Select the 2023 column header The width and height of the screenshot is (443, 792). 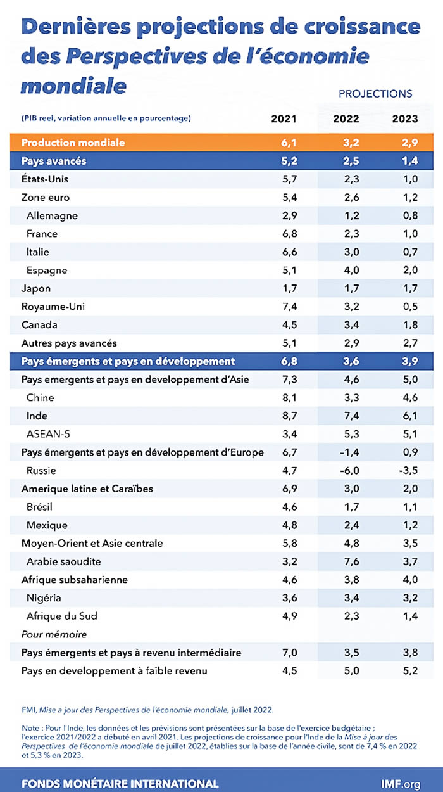pos(405,119)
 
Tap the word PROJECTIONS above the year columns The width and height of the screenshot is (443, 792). pos(375,94)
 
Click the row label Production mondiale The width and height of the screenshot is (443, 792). pos(73,143)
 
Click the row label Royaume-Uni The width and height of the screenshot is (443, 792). pos(53,307)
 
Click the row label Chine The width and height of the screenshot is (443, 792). pos(40,398)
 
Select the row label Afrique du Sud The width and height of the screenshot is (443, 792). pos(61,616)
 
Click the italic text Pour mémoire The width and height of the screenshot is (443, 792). pos(54,634)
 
